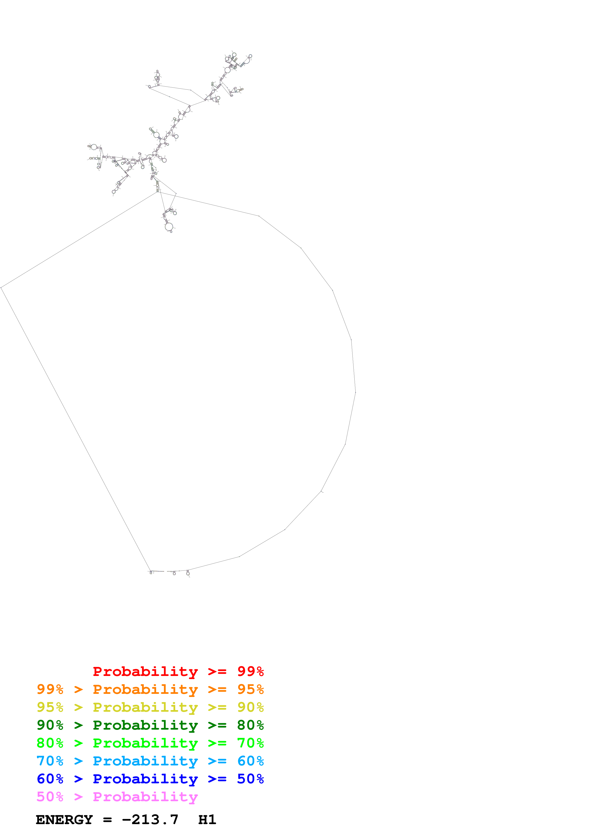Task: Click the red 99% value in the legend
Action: pos(250,671)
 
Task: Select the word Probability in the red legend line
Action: pos(145,671)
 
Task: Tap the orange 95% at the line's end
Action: pos(250,689)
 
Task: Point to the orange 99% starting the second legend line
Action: pos(50,689)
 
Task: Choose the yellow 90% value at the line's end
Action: pos(250,707)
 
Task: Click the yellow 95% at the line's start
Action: pos(50,707)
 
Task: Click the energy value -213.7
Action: pos(150,820)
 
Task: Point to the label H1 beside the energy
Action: pos(207,820)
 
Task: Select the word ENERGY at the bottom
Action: pos(64,820)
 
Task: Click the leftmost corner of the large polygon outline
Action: pos(1,288)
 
